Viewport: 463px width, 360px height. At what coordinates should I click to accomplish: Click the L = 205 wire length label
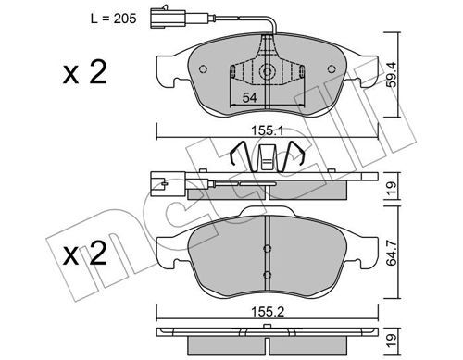[x=113, y=19]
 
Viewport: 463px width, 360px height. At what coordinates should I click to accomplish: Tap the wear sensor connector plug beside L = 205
[x=168, y=18]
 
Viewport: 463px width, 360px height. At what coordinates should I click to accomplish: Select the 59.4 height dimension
[x=392, y=75]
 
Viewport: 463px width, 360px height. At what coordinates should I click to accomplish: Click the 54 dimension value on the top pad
[x=249, y=98]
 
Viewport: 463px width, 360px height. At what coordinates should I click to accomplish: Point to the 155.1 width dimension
[x=267, y=131]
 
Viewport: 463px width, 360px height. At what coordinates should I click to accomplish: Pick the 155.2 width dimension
[x=268, y=312]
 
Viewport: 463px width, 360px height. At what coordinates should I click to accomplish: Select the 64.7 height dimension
[x=392, y=252]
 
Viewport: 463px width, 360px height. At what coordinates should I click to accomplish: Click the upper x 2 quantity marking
[x=85, y=72]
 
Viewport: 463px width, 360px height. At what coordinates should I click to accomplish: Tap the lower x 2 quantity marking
[x=85, y=254]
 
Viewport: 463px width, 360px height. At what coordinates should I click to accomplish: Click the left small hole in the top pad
[x=203, y=69]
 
